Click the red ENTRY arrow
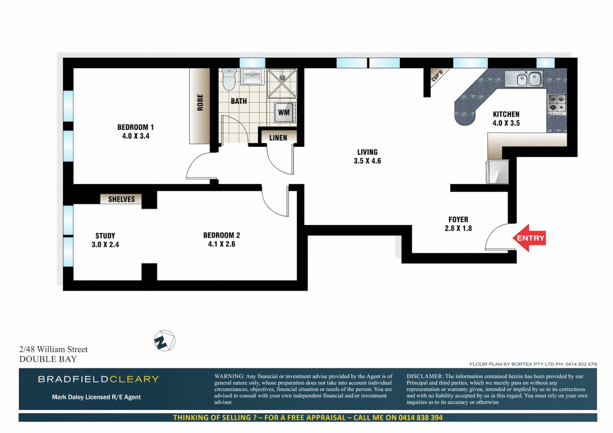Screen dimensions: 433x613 click(529, 238)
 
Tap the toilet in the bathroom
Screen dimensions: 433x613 click(229, 79)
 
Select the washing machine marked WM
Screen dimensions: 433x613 click(284, 112)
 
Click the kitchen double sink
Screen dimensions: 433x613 click(528, 79)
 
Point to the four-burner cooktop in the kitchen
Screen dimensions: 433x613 click(556, 103)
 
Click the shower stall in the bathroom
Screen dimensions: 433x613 click(282, 83)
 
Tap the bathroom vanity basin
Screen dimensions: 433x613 click(252, 76)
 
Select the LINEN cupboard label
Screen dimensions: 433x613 click(278, 138)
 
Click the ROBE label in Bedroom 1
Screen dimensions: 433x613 click(200, 103)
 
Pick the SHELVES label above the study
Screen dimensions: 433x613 click(121, 199)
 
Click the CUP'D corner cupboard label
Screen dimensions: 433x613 click(437, 76)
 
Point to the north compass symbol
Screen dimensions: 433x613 click(164, 341)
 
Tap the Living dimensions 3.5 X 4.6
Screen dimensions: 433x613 click(367, 161)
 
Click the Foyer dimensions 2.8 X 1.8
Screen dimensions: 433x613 click(458, 229)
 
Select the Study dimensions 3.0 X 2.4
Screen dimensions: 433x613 click(105, 245)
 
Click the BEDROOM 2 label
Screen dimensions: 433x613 click(221, 235)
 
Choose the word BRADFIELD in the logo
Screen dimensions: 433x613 click(73, 379)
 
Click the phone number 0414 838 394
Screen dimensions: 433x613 click(420, 417)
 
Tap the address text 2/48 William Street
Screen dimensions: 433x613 click(53, 349)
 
